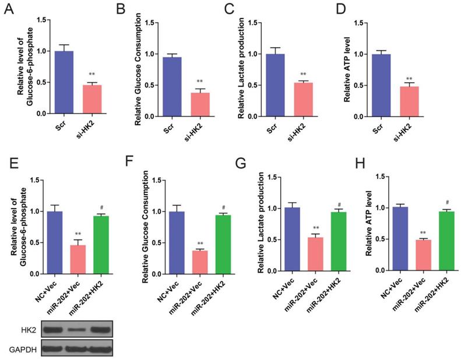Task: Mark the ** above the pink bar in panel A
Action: pyautogui.click(x=92, y=75)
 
